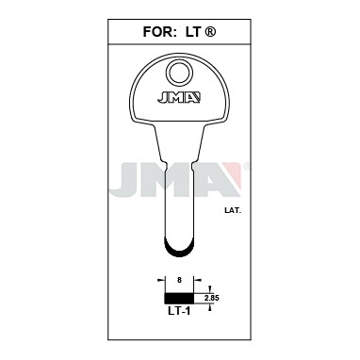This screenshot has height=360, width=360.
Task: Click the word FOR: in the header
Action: pyautogui.click(x=158, y=32)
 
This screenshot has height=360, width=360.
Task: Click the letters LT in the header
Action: pyautogui.click(x=193, y=32)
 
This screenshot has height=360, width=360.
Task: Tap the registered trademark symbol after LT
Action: pyautogui.click(x=210, y=32)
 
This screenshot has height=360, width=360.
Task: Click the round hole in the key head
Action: pyautogui.click(x=178, y=72)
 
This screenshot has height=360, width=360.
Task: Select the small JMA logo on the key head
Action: pyautogui.click(x=179, y=97)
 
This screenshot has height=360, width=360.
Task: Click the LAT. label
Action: pyautogui.click(x=233, y=211)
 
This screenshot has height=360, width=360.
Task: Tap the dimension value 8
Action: pyautogui.click(x=179, y=281)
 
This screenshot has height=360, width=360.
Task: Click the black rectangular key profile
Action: pyautogui.click(x=179, y=298)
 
